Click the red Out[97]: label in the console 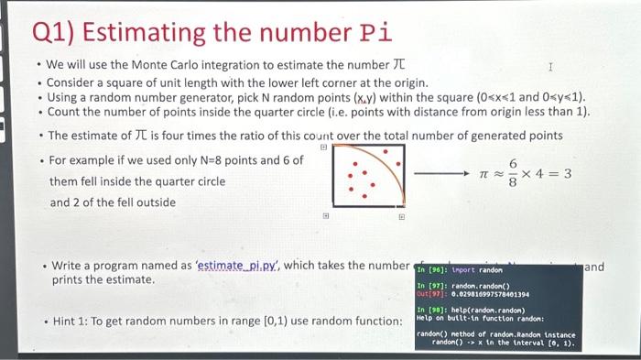coord(429,295)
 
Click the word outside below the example coord(154,202)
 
